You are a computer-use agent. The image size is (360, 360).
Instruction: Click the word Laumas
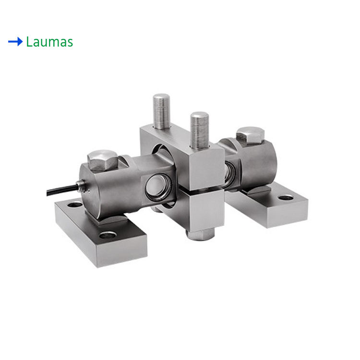tap(49, 42)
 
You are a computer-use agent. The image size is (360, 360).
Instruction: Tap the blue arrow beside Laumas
tap(15, 42)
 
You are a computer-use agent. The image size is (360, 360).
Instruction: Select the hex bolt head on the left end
tap(102, 160)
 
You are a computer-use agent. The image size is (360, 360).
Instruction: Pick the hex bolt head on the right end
tap(250, 135)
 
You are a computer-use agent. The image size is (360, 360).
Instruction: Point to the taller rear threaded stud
tap(161, 111)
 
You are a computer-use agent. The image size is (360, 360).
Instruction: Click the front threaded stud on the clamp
tap(200, 131)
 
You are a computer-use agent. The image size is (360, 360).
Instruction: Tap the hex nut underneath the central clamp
tap(200, 234)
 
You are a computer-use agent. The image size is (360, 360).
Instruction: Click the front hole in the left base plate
tap(108, 235)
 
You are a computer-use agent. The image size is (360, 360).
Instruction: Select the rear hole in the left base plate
tap(75, 204)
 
